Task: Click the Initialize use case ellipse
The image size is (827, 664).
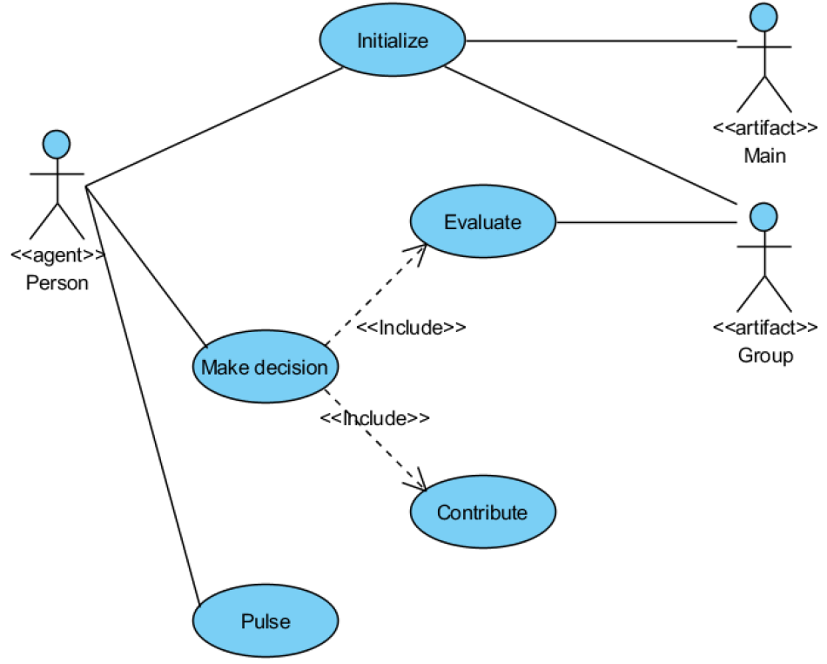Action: tap(393, 41)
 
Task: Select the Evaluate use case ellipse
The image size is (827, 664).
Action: tap(482, 222)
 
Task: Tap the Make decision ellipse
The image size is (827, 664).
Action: tap(265, 367)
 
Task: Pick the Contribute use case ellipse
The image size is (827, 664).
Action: tap(482, 512)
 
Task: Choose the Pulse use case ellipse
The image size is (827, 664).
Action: tap(265, 622)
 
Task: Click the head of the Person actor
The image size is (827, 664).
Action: tap(57, 144)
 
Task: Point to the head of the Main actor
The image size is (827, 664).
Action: tap(764, 15)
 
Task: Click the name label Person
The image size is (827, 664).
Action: tap(57, 282)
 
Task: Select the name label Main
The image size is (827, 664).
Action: tap(764, 156)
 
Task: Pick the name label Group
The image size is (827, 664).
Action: tap(765, 356)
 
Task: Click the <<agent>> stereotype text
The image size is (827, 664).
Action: tap(57, 255)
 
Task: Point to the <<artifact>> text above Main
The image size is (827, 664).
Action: tap(765, 129)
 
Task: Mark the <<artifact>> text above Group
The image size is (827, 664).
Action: tap(765, 329)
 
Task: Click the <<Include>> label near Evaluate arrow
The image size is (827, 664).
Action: tap(411, 328)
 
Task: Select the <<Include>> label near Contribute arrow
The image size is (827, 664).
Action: tap(374, 418)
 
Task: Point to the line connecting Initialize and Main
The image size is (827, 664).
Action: tap(601, 40)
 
